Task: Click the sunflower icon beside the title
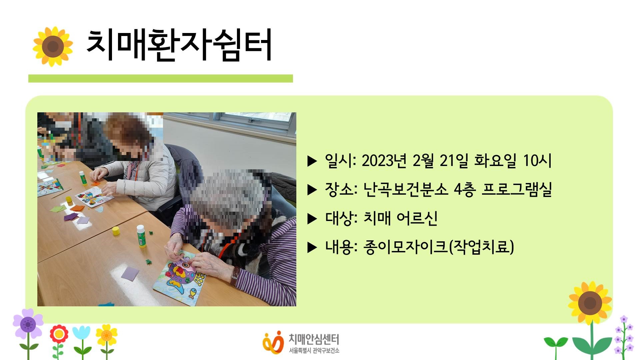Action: (x=53, y=46)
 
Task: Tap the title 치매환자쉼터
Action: (x=179, y=45)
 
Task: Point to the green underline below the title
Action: (x=161, y=78)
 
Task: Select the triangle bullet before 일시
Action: (x=312, y=161)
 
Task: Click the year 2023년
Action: (x=384, y=161)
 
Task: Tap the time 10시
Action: (x=537, y=161)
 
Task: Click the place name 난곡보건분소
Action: (x=405, y=189)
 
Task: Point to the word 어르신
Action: (x=417, y=218)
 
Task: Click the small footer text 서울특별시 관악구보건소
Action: (x=314, y=351)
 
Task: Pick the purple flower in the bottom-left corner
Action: (x=28, y=324)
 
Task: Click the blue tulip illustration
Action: (x=81, y=333)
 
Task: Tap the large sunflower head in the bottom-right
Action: (x=590, y=303)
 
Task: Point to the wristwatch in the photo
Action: (x=235, y=275)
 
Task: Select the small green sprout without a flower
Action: (x=556, y=347)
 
